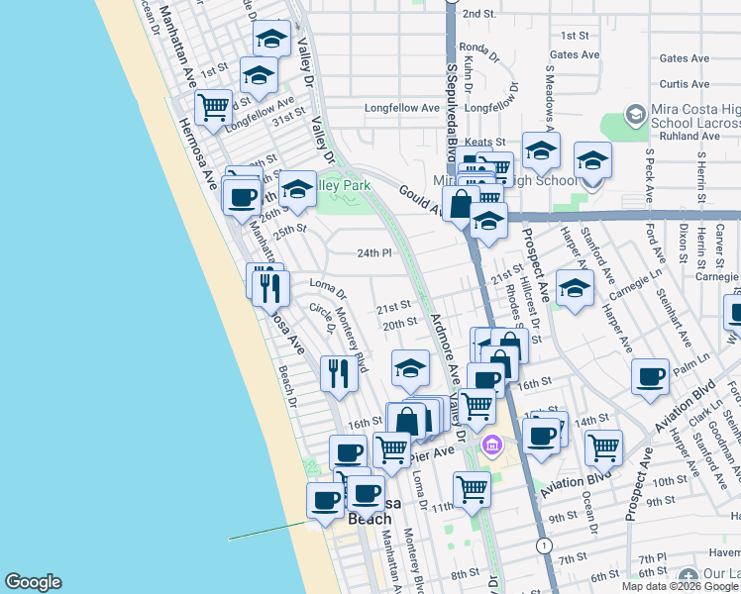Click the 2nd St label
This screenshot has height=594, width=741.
tap(478, 13)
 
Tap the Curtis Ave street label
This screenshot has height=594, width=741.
tap(685, 85)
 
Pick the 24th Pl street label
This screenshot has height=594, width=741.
tap(375, 253)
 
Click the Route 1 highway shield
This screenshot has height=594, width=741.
tap(543, 545)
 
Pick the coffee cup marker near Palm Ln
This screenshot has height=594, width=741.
tap(650, 376)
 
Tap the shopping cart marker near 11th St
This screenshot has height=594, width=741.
tap(473, 488)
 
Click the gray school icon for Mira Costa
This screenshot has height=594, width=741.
tap(634, 115)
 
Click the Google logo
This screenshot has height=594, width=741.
tap(33, 582)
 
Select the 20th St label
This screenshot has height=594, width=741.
tap(398, 323)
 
